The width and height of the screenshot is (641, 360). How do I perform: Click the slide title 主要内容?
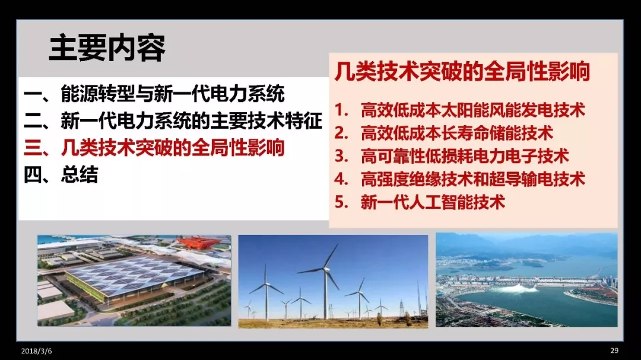pos(107,48)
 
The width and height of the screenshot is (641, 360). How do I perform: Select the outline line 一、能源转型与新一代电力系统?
pos(154,94)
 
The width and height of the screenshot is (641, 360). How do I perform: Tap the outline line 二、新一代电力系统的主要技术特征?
pos(173,120)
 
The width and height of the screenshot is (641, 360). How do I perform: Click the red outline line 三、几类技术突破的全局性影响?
pos(154,148)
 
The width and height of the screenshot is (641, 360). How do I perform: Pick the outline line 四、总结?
pos(61,174)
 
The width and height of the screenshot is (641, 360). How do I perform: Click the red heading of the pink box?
pos(462,72)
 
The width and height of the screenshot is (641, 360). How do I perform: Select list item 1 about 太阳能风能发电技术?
pos(460,110)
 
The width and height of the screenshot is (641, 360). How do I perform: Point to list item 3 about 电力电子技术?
pos(452,156)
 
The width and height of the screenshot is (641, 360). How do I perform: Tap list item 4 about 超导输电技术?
pos(460,179)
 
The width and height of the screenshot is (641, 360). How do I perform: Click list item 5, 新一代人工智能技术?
pos(420,202)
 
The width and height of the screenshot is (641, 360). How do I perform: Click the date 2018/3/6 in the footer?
pos(36,351)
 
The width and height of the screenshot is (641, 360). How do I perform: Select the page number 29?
pos(614,351)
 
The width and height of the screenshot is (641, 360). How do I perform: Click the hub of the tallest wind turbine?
pos(326,269)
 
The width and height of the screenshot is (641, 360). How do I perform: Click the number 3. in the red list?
pos(341,156)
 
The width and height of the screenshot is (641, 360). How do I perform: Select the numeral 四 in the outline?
pos(32,175)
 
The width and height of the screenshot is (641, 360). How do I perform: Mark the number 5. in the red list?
pos(341,202)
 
